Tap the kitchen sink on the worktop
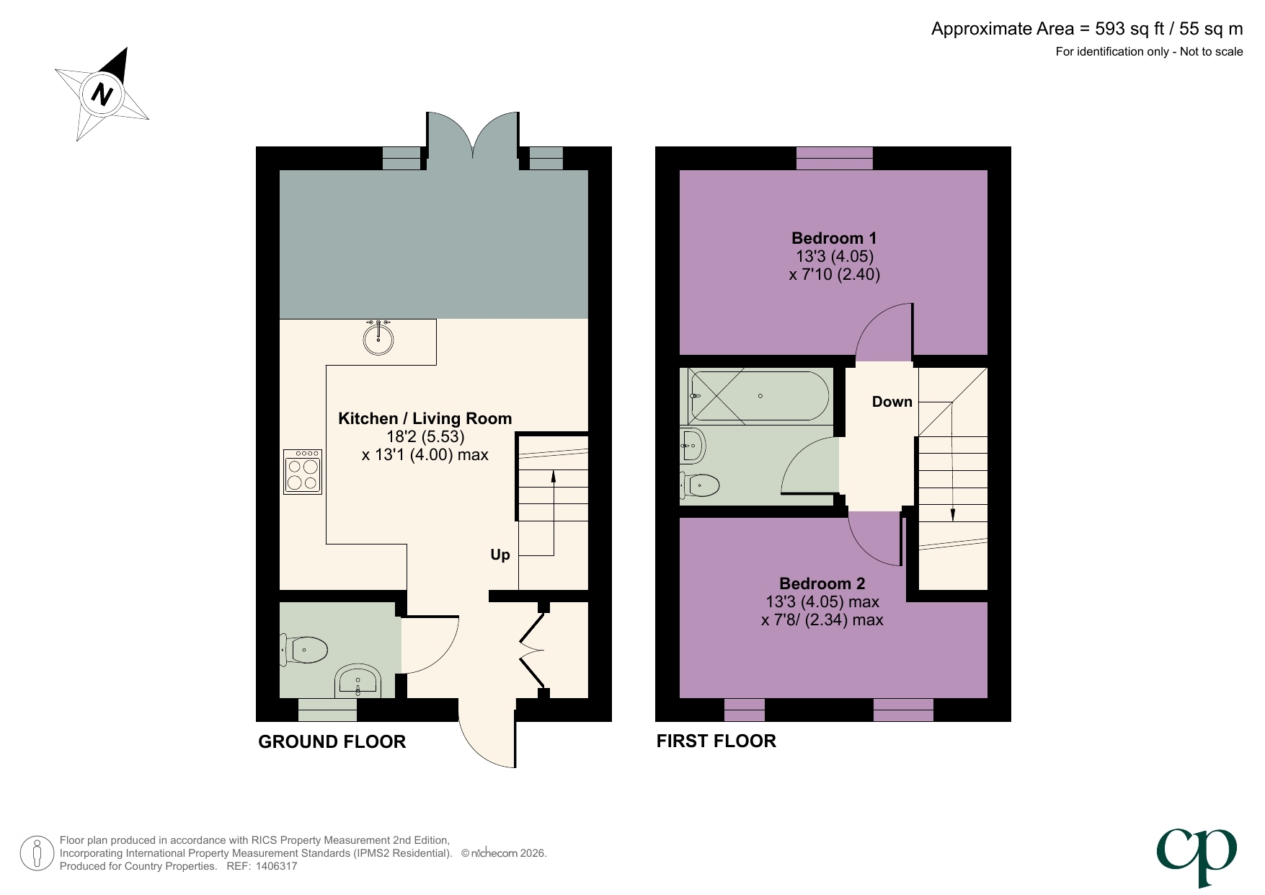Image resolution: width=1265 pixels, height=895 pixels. (x=378, y=338)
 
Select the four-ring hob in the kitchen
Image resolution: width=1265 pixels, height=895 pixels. (x=303, y=472)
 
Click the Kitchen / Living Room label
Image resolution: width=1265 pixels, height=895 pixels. (x=425, y=418)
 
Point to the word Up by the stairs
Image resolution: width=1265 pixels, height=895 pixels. (x=500, y=555)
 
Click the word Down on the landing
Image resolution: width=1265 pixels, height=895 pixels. (x=892, y=402)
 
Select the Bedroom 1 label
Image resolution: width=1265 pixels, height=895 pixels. (x=833, y=238)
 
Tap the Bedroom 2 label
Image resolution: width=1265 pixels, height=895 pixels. (x=822, y=583)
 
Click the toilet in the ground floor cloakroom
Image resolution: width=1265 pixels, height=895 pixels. (x=305, y=651)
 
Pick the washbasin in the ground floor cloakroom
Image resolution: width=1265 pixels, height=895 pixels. (x=358, y=682)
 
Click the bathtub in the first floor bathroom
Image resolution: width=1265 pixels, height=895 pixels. (x=759, y=396)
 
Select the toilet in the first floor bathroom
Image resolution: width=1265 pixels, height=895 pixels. (x=700, y=485)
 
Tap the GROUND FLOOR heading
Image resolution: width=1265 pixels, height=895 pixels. (x=332, y=741)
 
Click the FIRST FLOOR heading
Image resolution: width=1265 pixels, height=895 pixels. (x=716, y=741)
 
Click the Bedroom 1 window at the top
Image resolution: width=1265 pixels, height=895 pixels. (x=834, y=158)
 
